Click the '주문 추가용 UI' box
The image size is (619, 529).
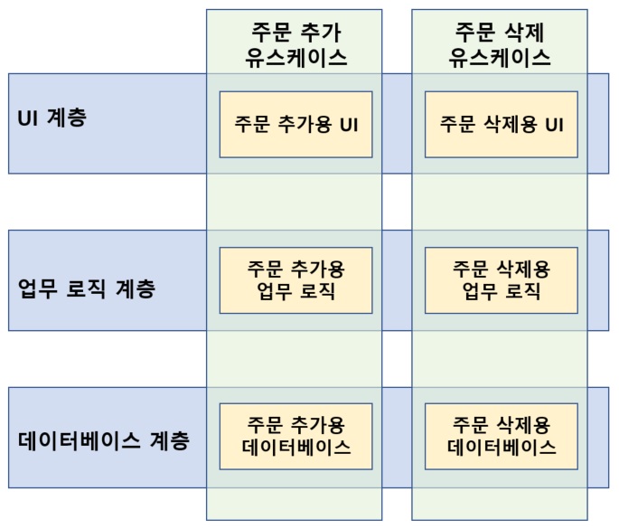coord(295,125)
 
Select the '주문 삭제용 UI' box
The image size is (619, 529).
coord(502,125)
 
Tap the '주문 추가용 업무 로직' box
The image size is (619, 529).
coord(295,280)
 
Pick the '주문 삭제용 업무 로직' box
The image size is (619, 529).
coord(502,280)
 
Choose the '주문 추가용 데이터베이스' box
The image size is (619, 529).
coord(295,436)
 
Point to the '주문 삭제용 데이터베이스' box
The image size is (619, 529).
coord(502,436)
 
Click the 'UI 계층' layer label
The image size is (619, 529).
coord(52,118)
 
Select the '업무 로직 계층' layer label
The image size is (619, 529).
coord(87,289)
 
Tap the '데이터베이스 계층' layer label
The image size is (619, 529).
coord(104,442)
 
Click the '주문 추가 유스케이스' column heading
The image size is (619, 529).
coord(295,43)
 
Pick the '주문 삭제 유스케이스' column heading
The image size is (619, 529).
coord(502,43)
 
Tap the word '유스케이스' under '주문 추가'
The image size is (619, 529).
coord(295,58)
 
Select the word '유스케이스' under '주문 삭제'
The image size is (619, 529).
coord(502,58)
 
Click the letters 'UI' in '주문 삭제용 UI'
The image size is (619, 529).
coord(554,125)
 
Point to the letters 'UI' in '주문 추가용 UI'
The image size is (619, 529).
coord(348,125)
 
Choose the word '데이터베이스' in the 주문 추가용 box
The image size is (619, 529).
coord(295,448)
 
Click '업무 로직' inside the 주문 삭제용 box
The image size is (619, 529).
coord(502,292)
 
